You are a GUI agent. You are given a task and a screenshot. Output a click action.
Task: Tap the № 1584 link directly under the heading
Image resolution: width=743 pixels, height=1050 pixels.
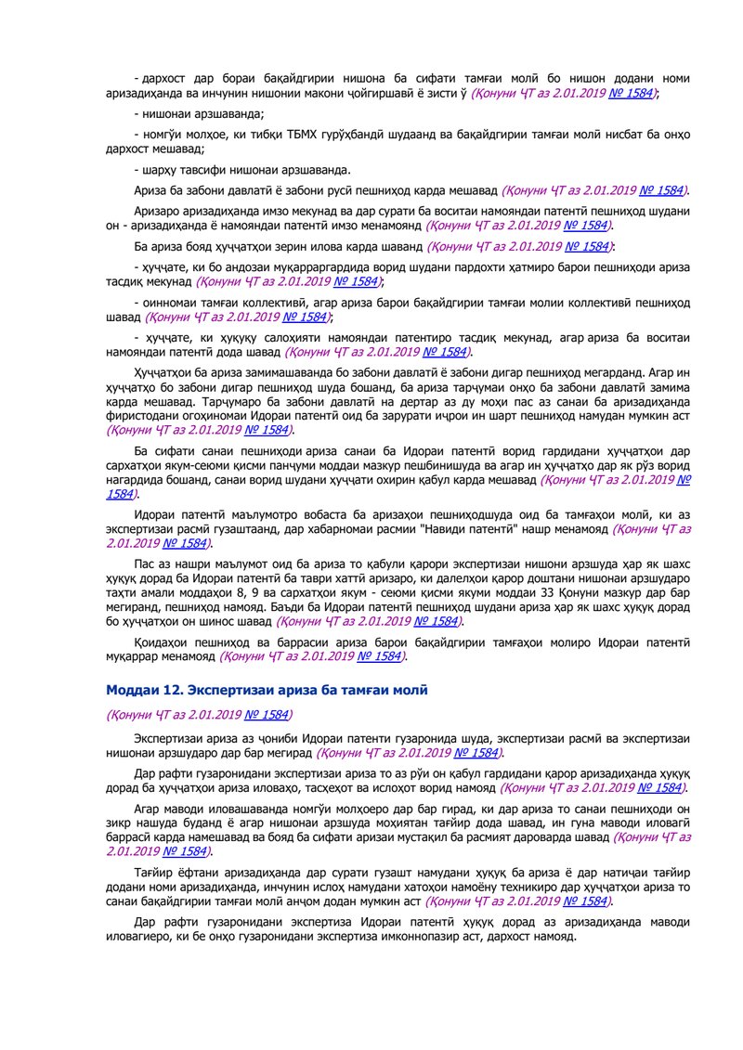[x=266, y=715]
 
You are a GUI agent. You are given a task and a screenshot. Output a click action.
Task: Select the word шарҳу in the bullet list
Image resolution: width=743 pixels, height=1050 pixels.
[x=158, y=170]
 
